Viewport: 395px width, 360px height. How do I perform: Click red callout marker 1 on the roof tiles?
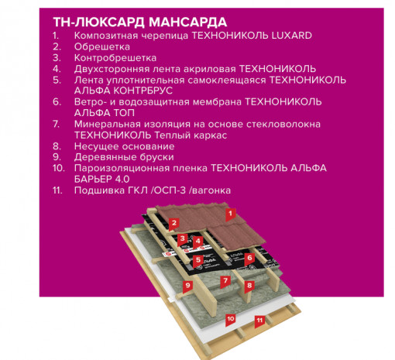point(229,212)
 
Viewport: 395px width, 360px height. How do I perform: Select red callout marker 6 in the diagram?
point(249,259)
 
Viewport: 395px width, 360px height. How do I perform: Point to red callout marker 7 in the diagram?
point(225,280)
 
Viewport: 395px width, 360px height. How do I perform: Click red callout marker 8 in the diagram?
point(249,286)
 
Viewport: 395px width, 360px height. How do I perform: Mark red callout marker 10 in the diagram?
point(230,318)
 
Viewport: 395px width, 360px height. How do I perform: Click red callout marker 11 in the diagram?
point(260,319)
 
